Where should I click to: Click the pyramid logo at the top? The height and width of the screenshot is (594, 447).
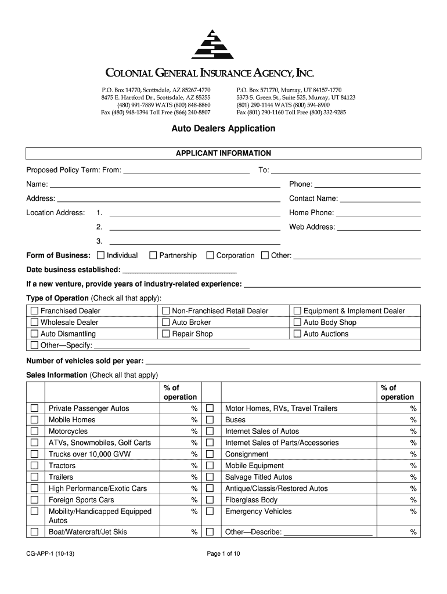point(213,44)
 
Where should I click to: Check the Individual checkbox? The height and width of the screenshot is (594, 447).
point(101,255)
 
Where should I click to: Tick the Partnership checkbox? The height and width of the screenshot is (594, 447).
point(153,255)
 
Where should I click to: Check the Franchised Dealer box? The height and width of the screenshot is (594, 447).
point(34,311)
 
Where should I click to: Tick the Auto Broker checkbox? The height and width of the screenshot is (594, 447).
point(166,323)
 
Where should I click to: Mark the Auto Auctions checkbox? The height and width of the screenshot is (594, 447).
point(298,334)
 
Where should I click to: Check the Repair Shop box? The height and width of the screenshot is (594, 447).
point(166,334)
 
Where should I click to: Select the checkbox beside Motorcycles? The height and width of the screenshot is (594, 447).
point(34,432)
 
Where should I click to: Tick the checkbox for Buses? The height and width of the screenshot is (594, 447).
point(210,420)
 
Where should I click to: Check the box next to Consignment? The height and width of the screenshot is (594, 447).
point(210,454)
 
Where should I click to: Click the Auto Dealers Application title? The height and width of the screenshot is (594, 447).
point(223,128)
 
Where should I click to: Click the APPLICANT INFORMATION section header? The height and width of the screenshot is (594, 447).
point(223,154)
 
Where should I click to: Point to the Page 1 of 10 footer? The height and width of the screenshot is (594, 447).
point(223,554)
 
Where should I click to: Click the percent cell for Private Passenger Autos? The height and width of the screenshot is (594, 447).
point(182,408)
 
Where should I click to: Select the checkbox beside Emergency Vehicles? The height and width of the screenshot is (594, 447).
point(210,512)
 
